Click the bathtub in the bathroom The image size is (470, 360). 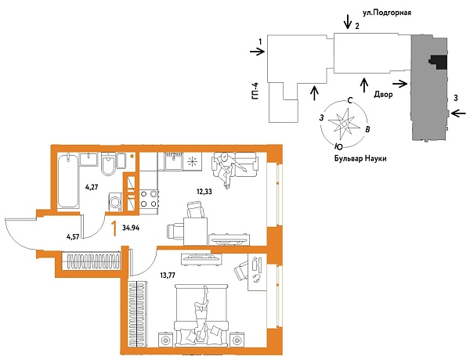pyautogui.click(x=68, y=179)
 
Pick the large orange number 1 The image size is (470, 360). pyautogui.click(x=115, y=229)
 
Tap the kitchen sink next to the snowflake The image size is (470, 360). pyautogui.click(x=172, y=163)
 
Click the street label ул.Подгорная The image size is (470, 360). pyautogui.click(x=382, y=13)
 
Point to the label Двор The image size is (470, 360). pyautogui.click(x=383, y=93)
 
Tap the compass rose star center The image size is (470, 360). pyautogui.click(x=345, y=123)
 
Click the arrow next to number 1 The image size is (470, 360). pyautogui.click(x=256, y=52)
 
